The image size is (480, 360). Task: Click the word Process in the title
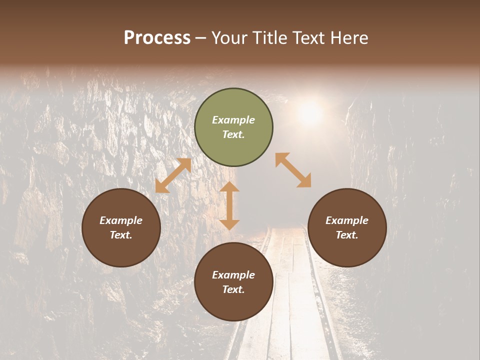click(157, 38)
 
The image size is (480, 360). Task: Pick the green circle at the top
click(233, 127)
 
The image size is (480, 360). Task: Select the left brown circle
click(121, 227)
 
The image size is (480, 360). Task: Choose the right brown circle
click(347, 227)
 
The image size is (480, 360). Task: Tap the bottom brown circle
click(233, 281)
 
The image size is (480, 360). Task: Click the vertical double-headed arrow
click(229, 205)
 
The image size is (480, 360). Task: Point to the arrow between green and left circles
click(173, 175)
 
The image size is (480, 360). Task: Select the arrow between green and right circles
click(293, 170)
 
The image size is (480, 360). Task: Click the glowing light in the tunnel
click(310, 112)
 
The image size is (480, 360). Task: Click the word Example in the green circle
click(233, 120)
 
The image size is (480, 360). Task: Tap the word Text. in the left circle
click(121, 235)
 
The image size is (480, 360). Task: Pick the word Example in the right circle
click(347, 220)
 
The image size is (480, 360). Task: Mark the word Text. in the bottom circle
click(233, 289)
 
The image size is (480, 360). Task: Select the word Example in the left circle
click(121, 220)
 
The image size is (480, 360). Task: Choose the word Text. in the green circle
click(233, 134)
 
